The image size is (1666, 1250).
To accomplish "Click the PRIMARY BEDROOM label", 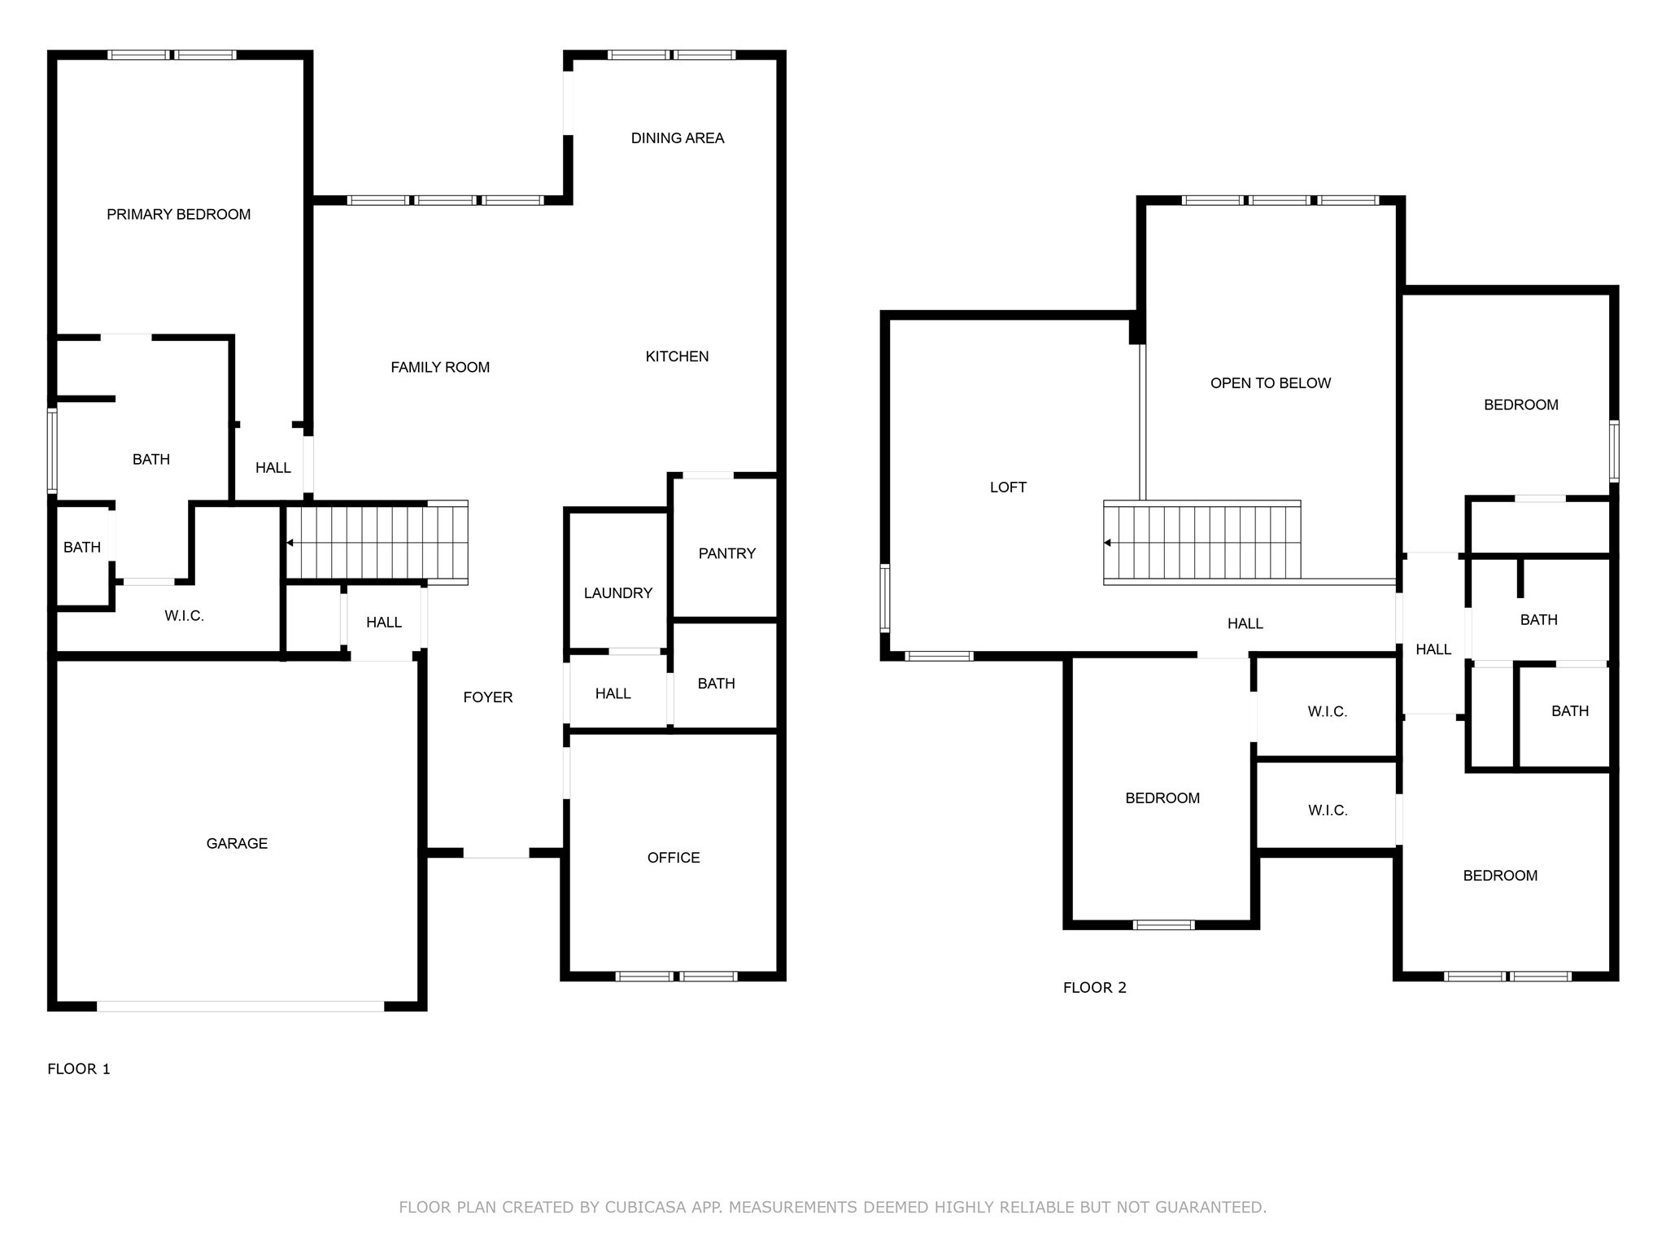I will click(178, 214).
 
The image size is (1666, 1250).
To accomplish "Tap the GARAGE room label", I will click(237, 843).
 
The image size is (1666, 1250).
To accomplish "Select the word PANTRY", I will click(726, 553).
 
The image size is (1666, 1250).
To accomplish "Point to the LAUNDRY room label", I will click(617, 593).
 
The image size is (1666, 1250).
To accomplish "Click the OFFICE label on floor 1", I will click(673, 858).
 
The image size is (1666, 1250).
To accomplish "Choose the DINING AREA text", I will click(677, 138).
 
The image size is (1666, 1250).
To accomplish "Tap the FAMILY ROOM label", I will click(439, 367).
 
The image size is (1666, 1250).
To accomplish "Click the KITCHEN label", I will click(676, 356).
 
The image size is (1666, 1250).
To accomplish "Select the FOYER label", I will click(487, 697).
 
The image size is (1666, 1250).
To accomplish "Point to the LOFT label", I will click(1008, 487).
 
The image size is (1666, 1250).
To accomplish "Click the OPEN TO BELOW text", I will click(1270, 383).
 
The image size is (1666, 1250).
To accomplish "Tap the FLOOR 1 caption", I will click(78, 1069).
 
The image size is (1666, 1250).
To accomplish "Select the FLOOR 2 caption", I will click(1094, 988).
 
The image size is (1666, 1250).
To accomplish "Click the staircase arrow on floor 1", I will click(290, 543).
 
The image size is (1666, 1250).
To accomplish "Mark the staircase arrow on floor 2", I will click(1108, 543).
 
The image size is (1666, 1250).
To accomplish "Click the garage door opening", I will click(240, 1007).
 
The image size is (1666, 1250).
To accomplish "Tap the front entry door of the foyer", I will click(496, 853).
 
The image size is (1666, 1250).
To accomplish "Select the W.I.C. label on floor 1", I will click(184, 616).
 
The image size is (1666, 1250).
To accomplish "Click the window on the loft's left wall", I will click(885, 598).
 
